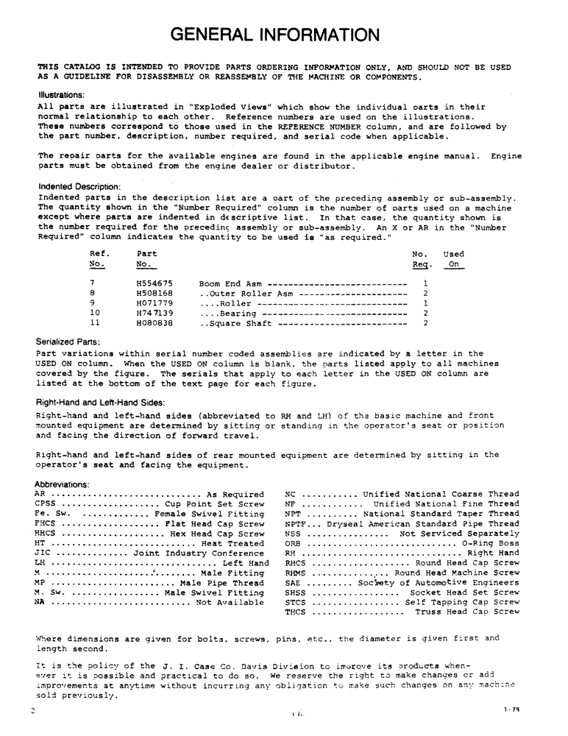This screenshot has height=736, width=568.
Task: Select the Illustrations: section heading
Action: pos(61,95)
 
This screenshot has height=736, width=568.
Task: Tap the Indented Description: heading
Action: pos(79,186)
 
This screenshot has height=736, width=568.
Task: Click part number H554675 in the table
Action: pos(155,283)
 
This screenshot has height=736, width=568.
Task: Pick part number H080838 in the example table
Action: pos(155,323)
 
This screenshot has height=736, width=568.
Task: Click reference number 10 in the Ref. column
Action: pos(94,313)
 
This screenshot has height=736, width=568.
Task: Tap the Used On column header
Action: pos(453,259)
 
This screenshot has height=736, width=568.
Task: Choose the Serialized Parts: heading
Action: pos(68,342)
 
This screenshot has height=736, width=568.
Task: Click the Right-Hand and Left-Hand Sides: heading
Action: pos(101,403)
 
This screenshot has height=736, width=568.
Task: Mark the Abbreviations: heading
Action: pos(62,484)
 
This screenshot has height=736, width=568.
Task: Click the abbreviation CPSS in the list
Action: pos(46,504)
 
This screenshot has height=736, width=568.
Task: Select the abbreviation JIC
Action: pos(43,553)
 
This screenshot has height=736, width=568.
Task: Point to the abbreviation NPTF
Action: pos(296,523)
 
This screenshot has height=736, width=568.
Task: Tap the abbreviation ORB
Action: pos(293,543)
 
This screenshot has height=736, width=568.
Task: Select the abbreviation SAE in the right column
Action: pos(293,582)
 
